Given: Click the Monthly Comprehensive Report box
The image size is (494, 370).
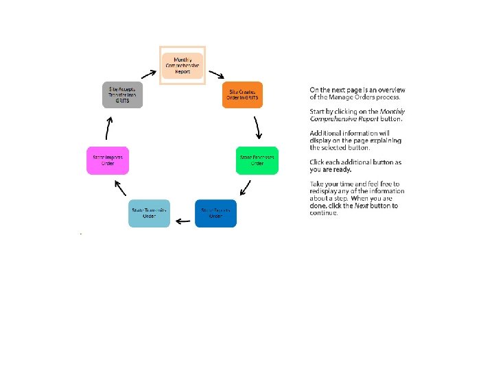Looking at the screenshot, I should pos(183,66).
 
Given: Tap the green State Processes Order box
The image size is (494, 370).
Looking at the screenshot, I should pos(257,160).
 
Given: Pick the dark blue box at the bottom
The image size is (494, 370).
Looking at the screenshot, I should pos(215,212).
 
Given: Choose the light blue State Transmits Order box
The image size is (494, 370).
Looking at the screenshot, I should pos(149,213).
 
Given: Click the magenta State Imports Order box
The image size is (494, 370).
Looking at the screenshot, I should pos(108,160).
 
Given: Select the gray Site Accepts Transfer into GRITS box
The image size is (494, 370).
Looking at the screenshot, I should pos(123,95).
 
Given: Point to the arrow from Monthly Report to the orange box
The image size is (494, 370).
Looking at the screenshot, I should pos(217,73).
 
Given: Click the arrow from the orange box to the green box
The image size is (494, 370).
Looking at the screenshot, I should pos(258,127).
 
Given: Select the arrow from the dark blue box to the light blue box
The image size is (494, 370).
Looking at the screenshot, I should pos(183,221).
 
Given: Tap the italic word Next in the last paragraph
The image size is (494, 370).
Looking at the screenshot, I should pos(362,206).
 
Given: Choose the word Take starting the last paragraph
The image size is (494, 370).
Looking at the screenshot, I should pos(316,184).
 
